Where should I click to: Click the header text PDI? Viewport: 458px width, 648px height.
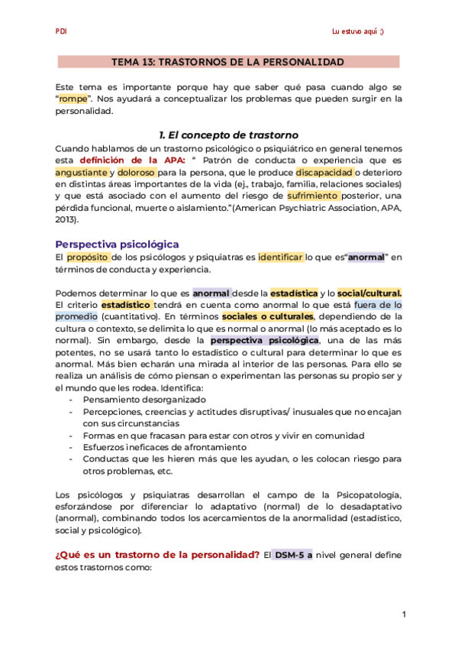point(61,31)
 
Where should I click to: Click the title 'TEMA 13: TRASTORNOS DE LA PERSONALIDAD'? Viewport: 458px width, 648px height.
point(228,62)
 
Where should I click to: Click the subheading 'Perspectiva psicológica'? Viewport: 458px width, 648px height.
point(118,244)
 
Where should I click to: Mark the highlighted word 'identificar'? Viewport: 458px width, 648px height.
point(281,258)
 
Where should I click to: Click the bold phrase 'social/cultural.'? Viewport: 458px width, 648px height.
point(369,293)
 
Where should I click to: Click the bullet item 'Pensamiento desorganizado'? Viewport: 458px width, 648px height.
point(144,399)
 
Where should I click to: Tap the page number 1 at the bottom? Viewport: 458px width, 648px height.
point(404,614)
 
